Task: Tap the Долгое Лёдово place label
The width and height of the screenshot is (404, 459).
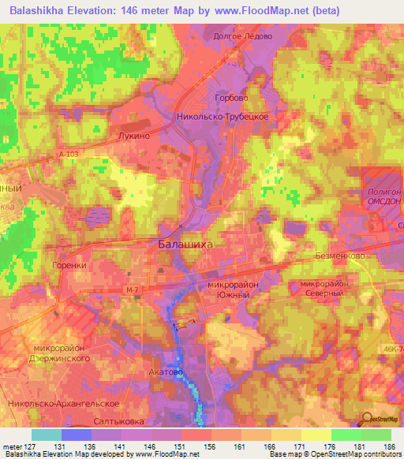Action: coord(243,36)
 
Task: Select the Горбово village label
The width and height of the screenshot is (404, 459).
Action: coord(233,97)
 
